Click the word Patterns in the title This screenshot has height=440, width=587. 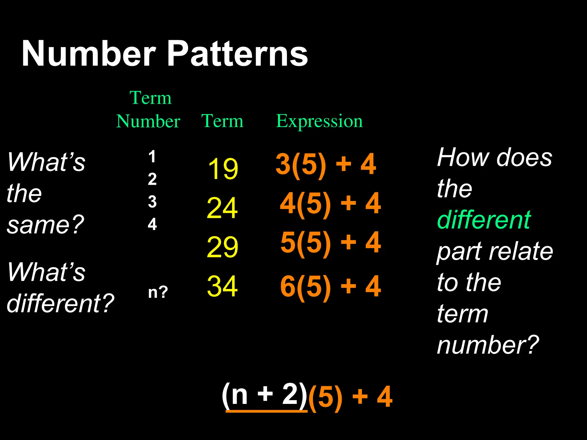(x=237, y=54)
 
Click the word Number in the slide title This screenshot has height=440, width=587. (x=89, y=54)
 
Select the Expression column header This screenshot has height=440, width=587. (x=319, y=121)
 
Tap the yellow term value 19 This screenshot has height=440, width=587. (x=223, y=169)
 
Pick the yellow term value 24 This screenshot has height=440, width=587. (x=222, y=208)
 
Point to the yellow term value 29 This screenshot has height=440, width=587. (x=222, y=247)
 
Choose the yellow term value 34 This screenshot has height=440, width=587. (x=222, y=286)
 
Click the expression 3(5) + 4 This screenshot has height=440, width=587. (x=326, y=164)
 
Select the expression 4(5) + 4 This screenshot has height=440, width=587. (x=330, y=204)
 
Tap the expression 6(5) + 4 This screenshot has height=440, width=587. (x=330, y=286)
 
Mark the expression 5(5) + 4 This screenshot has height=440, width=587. (x=330, y=243)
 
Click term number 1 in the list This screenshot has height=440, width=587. (x=152, y=157)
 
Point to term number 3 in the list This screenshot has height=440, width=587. (x=152, y=202)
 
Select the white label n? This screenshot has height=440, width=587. (x=158, y=292)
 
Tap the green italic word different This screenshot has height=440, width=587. (x=484, y=220)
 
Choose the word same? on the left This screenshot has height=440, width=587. (x=45, y=225)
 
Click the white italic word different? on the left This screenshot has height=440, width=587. (x=60, y=303)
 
